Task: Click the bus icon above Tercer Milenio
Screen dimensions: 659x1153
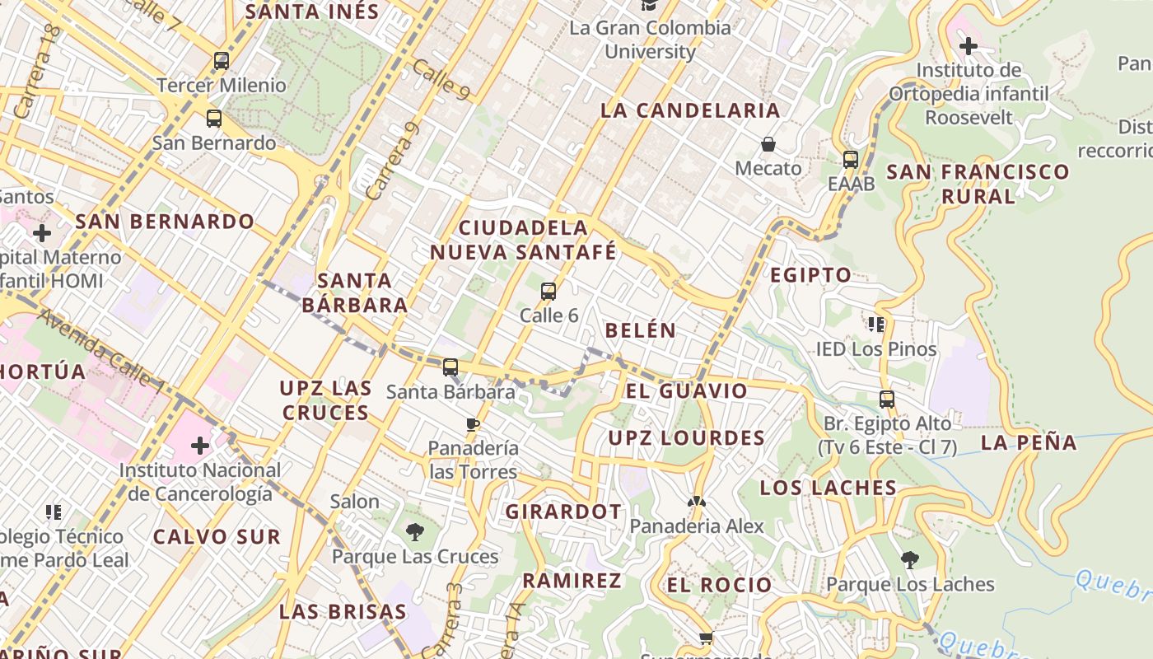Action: tap(221, 60)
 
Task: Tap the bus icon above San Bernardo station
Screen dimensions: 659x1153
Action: tap(214, 118)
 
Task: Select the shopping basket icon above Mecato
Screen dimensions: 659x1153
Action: tap(768, 145)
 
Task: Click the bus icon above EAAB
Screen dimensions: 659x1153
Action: tap(851, 159)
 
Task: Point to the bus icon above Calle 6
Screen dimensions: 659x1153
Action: tap(548, 291)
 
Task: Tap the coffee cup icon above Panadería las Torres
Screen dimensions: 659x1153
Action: tap(473, 424)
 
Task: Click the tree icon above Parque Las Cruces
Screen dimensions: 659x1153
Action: tap(415, 532)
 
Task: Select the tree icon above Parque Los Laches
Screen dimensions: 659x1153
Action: tap(910, 560)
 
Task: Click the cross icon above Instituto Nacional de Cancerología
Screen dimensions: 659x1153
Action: tap(200, 446)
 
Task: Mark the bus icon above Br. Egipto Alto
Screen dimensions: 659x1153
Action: tap(887, 400)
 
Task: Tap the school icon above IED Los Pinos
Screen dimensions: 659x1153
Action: tap(876, 325)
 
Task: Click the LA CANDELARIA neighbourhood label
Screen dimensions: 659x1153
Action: tap(690, 110)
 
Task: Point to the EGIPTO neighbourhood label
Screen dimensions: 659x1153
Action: tap(810, 275)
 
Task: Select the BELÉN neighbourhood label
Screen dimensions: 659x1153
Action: tap(641, 330)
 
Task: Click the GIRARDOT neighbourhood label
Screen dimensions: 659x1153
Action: tap(563, 512)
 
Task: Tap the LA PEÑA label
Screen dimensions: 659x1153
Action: tap(1029, 442)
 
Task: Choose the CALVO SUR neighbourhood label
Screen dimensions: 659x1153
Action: tap(217, 537)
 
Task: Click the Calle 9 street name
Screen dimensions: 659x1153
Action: tap(441, 81)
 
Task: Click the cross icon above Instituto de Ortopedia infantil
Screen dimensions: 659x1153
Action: tap(969, 45)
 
